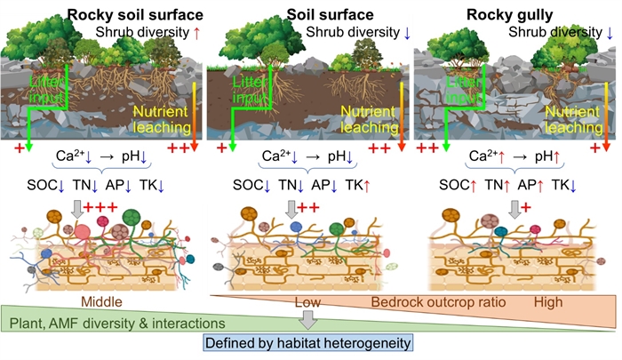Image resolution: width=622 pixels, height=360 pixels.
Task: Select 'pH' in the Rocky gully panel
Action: coord(553,157)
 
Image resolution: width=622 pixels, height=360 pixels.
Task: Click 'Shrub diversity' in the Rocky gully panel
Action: coord(557,32)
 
